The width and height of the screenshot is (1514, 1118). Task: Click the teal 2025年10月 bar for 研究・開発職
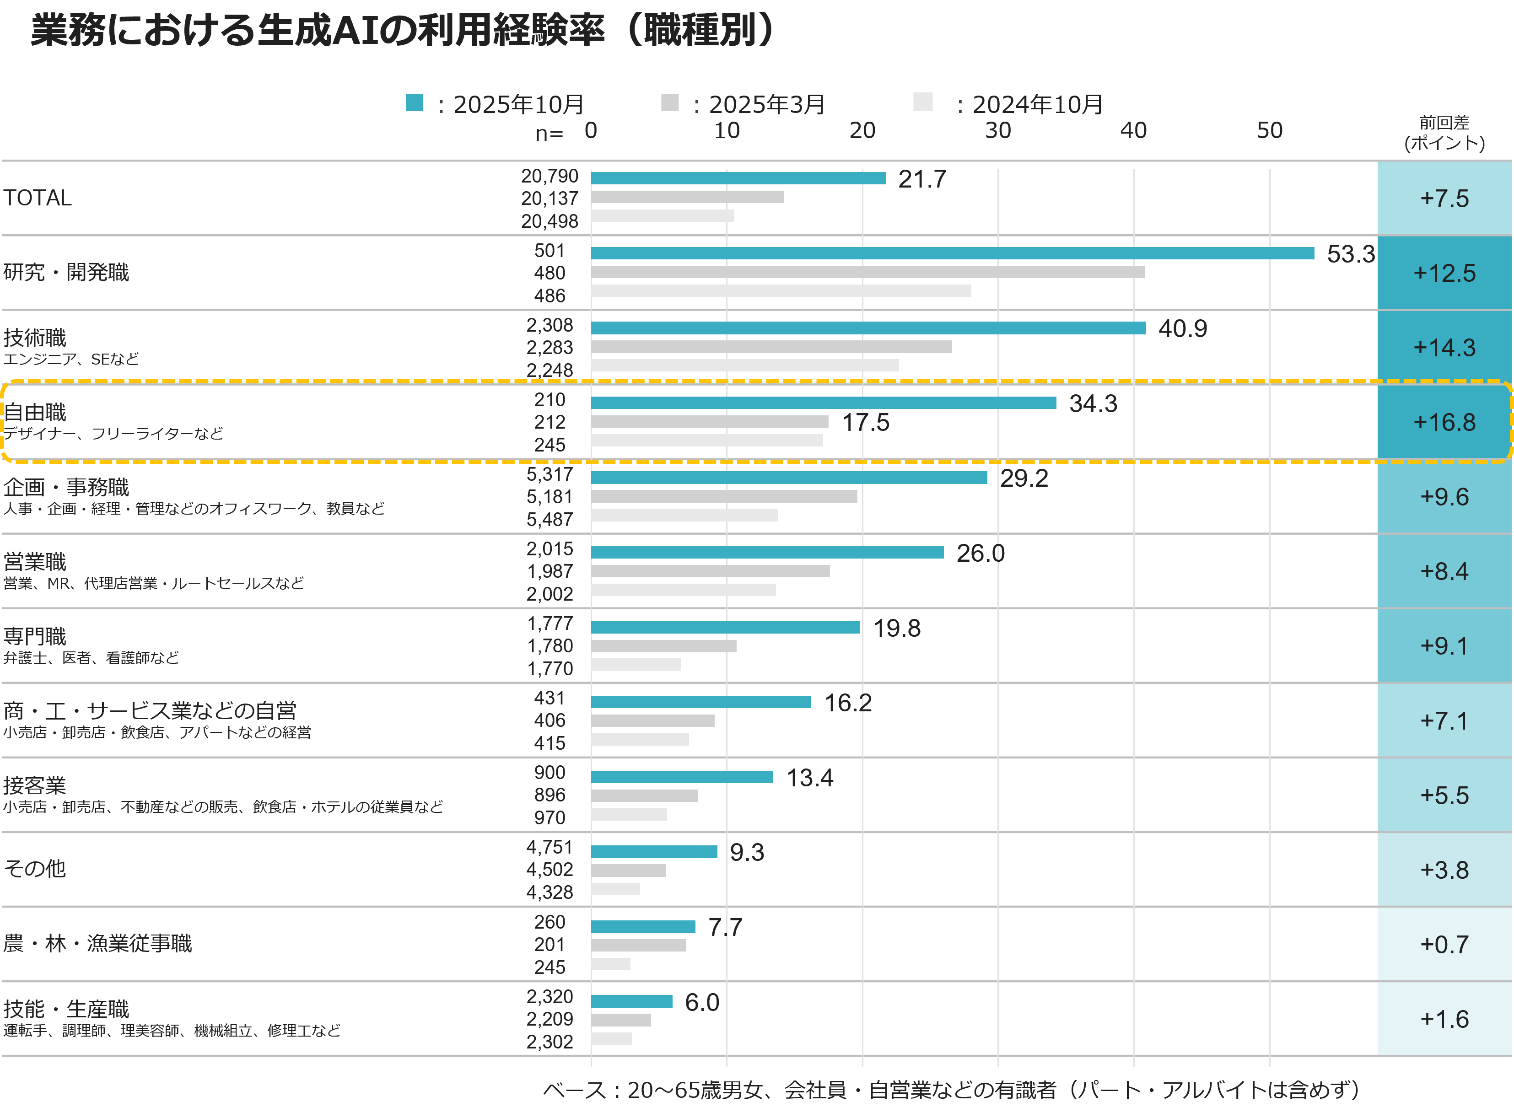point(952,253)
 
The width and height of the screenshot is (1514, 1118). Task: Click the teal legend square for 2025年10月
point(414,103)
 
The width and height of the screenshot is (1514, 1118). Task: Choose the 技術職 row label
point(35,337)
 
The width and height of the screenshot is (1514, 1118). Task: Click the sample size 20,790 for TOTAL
point(549,176)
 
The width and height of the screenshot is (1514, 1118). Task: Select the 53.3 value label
point(1350,254)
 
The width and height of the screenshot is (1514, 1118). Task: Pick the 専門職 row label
point(35,636)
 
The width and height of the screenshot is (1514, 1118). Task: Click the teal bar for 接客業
point(682,777)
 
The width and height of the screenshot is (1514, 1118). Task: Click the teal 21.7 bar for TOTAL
point(738,178)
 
